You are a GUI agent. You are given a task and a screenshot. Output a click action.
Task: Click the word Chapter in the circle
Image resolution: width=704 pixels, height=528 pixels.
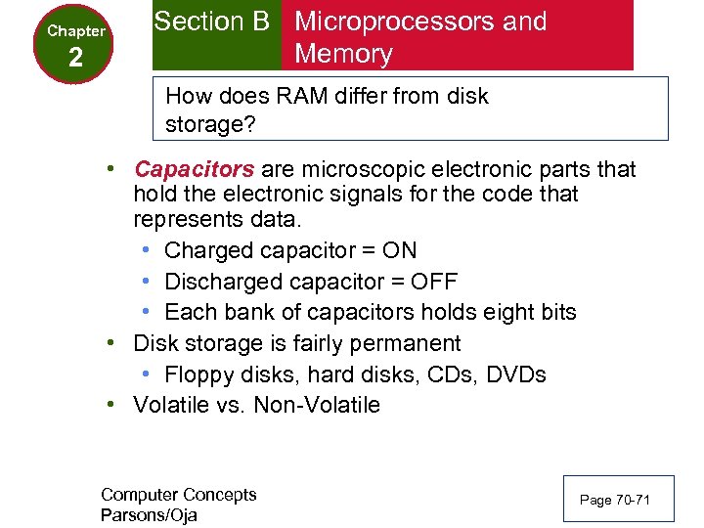click(76, 31)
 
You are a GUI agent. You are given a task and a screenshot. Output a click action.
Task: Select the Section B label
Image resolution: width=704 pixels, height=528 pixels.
click(211, 22)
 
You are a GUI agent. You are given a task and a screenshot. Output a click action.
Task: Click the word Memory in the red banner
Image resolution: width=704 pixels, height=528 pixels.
click(343, 54)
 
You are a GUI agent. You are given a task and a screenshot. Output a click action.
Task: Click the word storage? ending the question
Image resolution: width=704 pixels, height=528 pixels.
click(207, 126)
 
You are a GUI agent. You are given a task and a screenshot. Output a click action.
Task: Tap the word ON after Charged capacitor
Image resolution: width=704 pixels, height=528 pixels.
click(399, 250)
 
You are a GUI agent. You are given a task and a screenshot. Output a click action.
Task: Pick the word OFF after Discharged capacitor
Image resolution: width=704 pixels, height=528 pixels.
click(435, 282)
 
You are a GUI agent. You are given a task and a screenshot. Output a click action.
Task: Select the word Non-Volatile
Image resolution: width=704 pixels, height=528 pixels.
click(317, 406)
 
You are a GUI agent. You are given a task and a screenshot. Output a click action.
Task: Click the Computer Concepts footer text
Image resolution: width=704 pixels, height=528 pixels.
click(178, 495)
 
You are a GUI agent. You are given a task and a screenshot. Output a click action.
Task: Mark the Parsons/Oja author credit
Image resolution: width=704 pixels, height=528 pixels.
click(149, 514)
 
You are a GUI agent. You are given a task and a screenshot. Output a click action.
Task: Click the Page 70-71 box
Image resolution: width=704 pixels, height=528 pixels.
click(614, 500)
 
